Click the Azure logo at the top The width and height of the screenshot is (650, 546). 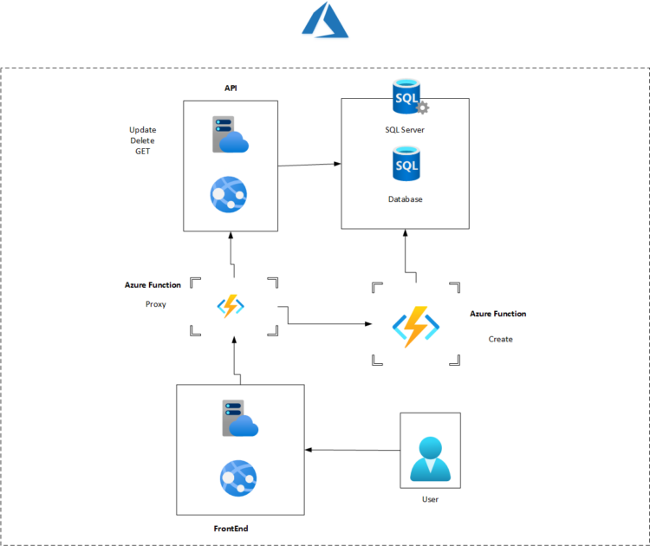pos(325,21)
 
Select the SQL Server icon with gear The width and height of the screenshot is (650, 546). pos(406,97)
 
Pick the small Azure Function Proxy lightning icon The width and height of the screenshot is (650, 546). pos(231,306)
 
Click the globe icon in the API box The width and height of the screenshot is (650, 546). pos(229,194)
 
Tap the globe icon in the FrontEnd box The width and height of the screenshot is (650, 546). pos(237,478)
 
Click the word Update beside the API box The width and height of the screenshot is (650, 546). pos(143,130)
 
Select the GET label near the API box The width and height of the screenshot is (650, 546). pos(142,151)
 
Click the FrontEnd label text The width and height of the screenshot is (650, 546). pos(237,527)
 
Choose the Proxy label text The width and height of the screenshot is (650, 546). pos(155,305)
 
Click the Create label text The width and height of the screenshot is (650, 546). pos(500,339)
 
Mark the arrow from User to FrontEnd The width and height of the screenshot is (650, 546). pos(352,450)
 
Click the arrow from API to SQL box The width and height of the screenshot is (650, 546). pos(309,164)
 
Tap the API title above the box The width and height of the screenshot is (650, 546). pos(231,88)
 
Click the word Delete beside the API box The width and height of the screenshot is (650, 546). pos(142,140)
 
